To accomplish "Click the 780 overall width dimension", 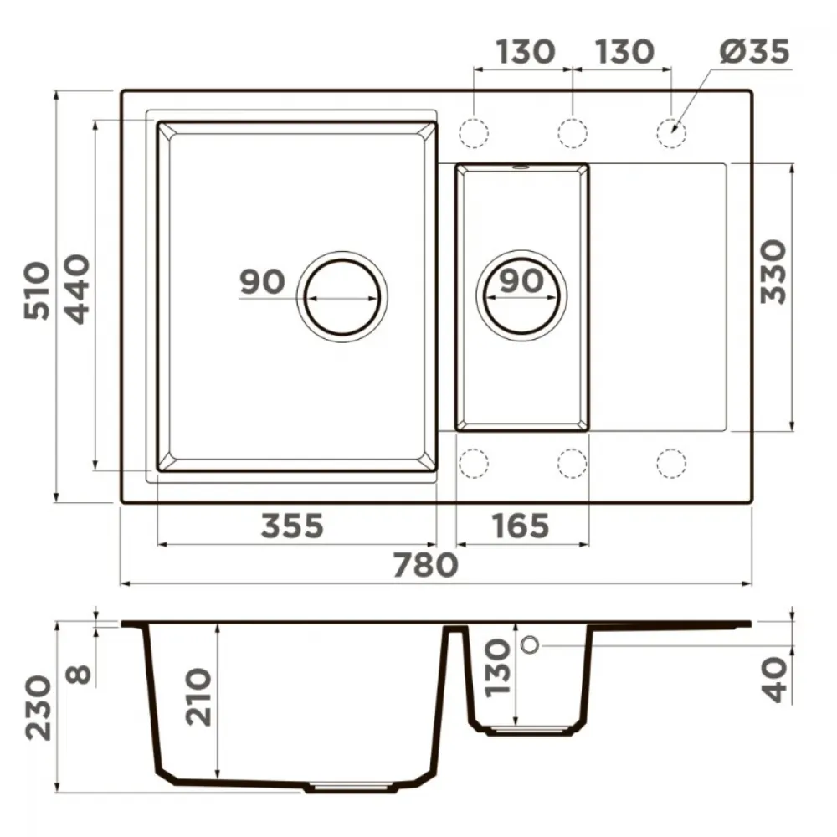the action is pyautogui.click(x=425, y=565).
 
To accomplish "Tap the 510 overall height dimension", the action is pyautogui.click(x=38, y=291).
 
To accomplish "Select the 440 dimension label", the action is pyautogui.click(x=76, y=290).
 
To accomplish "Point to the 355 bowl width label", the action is pyautogui.click(x=292, y=526).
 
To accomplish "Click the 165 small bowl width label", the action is pyautogui.click(x=521, y=526).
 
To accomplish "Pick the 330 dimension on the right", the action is pyautogui.click(x=773, y=272).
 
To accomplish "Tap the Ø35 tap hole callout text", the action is pyautogui.click(x=754, y=52).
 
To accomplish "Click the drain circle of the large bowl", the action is pyautogui.click(x=342, y=297).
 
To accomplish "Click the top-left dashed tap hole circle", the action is pyautogui.click(x=474, y=132).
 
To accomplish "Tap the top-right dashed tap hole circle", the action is pyautogui.click(x=671, y=132).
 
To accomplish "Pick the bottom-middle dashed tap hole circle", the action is pyautogui.click(x=573, y=464).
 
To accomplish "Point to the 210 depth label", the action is pyautogui.click(x=198, y=696).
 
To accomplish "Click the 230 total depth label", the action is pyautogui.click(x=39, y=708).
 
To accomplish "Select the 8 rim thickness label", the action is pyautogui.click(x=79, y=674).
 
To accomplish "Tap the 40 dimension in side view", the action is pyautogui.click(x=773, y=680).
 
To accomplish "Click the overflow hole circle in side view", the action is pyautogui.click(x=530, y=645).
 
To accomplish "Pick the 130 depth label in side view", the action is pyautogui.click(x=497, y=668).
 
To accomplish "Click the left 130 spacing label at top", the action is pyautogui.click(x=526, y=52).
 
